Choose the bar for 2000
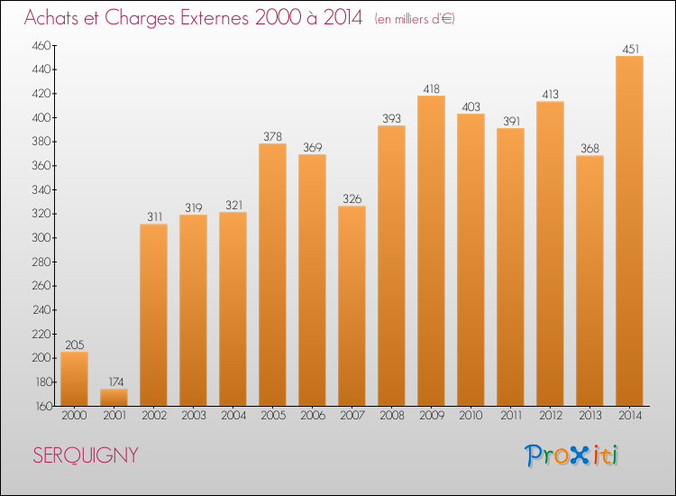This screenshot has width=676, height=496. click(74, 379)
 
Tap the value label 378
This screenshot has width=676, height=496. click(272, 137)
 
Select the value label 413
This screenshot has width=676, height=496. click(550, 95)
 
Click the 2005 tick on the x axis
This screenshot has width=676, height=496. click(272, 416)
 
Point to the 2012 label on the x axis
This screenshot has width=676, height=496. click(550, 416)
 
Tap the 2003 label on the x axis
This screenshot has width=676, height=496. click(193, 416)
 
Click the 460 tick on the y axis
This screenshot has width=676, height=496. click(40, 45)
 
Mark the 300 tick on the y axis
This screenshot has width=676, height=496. click(40, 238)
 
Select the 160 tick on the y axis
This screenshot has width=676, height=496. click(40, 406)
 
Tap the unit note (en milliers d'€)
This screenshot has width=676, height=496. click(415, 19)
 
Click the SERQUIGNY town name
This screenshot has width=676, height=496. click(86, 455)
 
